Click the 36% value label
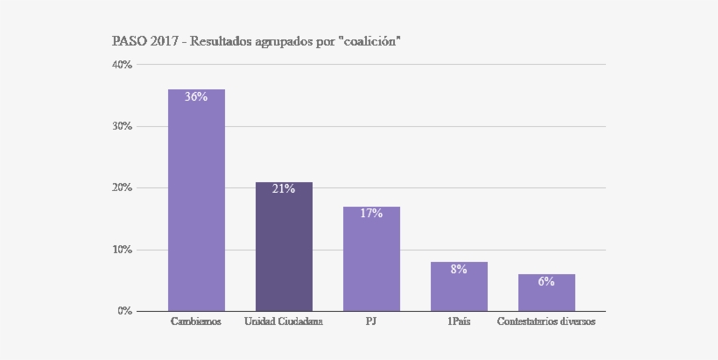pos(196,97)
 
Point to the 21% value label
pos(284,189)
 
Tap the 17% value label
pos(371,214)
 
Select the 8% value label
pos(459,270)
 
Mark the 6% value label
pos(546,282)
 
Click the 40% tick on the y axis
pos(122,65)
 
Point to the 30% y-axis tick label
pos(122,126)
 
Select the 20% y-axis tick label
pos(122,187)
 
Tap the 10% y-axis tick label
pos(122,250)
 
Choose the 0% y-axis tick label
pos(124,311)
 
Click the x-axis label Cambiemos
pos(196,322)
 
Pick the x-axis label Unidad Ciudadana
pos(284,322)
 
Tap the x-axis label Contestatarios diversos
pos(546,322)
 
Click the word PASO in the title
pos(129,41)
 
